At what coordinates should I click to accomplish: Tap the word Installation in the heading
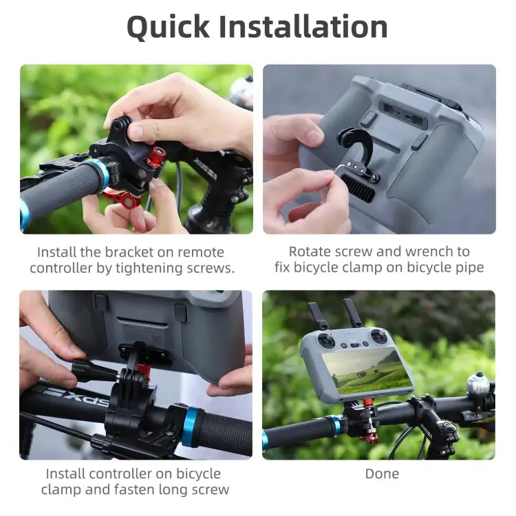pos(305,26)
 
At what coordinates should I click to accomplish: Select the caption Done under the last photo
pos(382,473)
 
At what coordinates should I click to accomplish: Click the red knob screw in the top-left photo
pos(156,155)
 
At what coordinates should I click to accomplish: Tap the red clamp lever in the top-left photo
pos(122,199)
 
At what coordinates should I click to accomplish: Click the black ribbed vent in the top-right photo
pos(358,187)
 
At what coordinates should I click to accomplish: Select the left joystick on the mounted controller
pos(329,341)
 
